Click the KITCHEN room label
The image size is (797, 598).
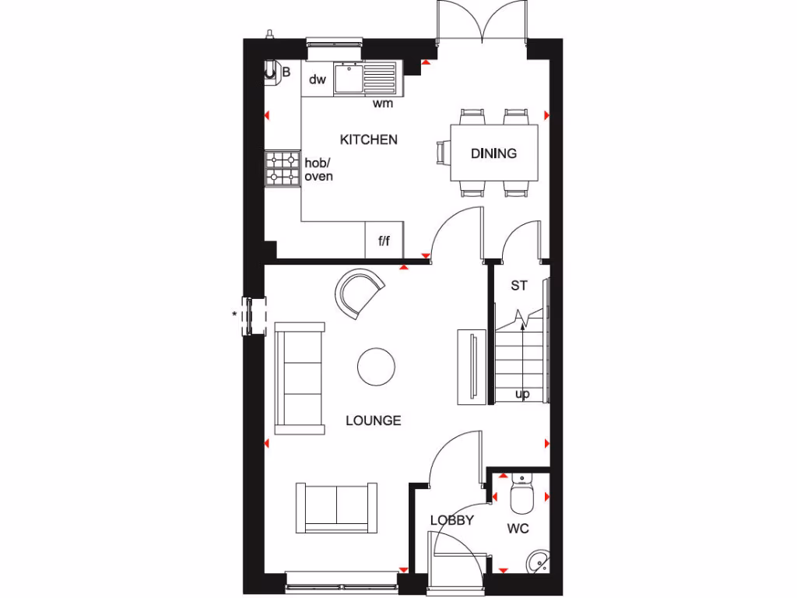click(369, 140)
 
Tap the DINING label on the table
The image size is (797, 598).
click(493, 153)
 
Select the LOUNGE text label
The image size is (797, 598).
click(374, 420)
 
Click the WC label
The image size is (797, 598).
click(518, 529)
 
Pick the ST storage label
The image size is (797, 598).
click(519, 286)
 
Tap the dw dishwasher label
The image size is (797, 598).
click(317, 79)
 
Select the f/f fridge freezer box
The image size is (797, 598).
click(384, 241)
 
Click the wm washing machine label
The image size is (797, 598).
click(382, 103)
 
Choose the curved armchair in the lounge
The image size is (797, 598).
click(359, 292)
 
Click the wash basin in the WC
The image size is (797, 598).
click(536, 561)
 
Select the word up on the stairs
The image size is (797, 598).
click(522, 394)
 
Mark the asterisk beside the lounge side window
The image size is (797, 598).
click(233, 315)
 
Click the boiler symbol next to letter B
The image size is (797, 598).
click(271, 72)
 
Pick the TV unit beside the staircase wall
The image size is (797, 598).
click(470, 366)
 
